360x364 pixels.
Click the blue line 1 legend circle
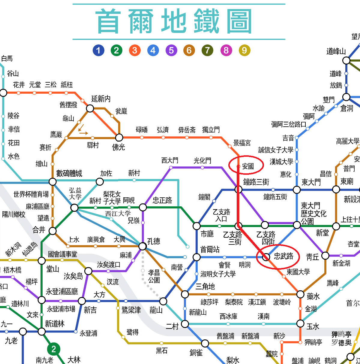tap(98, 50)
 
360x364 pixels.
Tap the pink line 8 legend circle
tap(226, 50)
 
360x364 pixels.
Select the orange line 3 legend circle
tap(135, 50)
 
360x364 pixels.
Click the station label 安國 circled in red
tap(248, 166)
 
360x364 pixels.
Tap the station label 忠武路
tap(283, 256)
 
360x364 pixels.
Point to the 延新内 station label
tap(101, 99)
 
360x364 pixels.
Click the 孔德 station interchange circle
tap(142, 246)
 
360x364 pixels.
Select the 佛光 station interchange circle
tap(119, 138)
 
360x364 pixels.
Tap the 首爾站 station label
tap(210, 249)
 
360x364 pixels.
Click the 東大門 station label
tap(311, 182)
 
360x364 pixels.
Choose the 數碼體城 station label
tap(69, 173)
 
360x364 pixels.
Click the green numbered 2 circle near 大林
tap(54, 349)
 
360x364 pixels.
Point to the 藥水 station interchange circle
tap(300, 294)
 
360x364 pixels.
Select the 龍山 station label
tap(156, 310)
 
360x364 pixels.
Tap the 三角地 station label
tap(205, 286)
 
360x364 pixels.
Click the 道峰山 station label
tap(336, 51)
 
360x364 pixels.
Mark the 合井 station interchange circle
tap(52, 231)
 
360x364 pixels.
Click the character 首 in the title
tap(108, 21)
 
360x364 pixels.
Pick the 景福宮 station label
tap(242, 143)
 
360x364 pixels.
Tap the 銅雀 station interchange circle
tap(205, 343)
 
